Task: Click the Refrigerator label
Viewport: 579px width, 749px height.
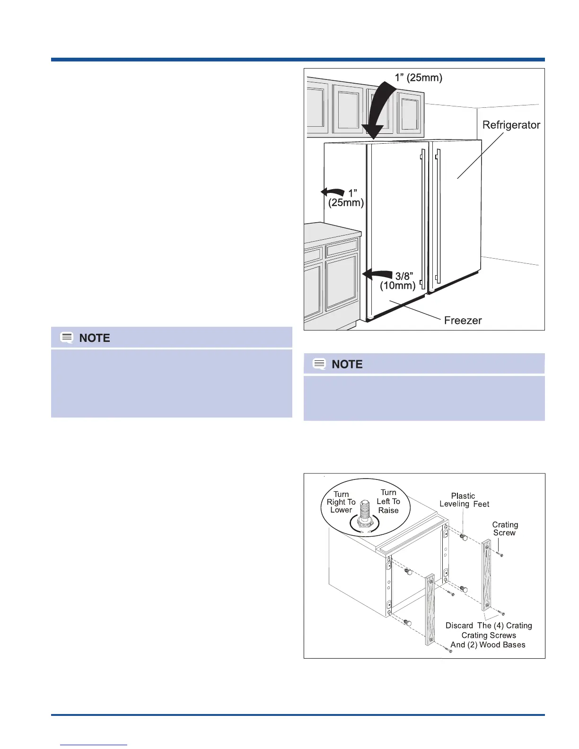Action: pyautogui.click(x=511, y=125)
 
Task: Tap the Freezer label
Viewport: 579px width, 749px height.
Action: pyautogui.click(x=463, y=320)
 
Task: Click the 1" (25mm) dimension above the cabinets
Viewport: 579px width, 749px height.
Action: pyautogui.click(x=419, y=78)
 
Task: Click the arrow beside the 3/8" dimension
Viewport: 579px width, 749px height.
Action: pyautogui.click(x=377, y=274)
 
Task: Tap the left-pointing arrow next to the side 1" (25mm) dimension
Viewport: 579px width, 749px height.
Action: pyautogui.click(x=333, y=192)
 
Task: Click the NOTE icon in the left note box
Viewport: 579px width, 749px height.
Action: pyautogui.click(x=67, y=338)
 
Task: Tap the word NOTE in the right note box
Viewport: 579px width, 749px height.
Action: pyautogui.click(x=347, y=364)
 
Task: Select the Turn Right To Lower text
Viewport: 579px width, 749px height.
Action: pyautogui.click(x=341, y=502)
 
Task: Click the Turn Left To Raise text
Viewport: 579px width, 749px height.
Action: pyautogui.click(x=388, y=501)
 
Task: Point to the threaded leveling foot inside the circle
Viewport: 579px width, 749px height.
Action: pyautogui.click(x=364, y=514)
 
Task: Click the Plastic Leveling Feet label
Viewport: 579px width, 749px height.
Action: pyautogui.click(x=464, y=500)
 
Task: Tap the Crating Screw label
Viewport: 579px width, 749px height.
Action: pyautogui.click(x=505, y=529)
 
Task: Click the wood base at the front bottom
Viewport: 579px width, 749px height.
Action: pyautogui.click(x=430, y=610)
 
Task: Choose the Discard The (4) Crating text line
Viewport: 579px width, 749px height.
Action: pyautogui.click(x=489, y=626)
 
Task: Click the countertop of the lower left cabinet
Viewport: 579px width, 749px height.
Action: pyautogui.click(x=331, y=230)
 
